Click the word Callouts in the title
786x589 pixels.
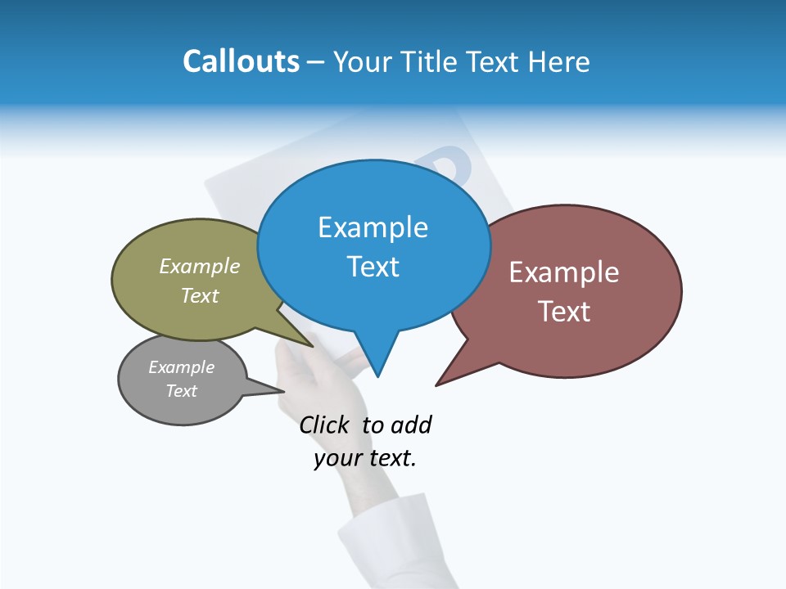pyautogui.click(x=241, y=61)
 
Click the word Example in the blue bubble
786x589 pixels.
pyautogui.click(x=373, y=227)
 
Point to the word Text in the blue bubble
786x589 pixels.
pyautogui.click(x=373, y=267)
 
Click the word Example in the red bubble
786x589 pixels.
pyautogui.click(x=564, y=272)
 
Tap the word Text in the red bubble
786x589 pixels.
pyautogui.click(x=564, y=312)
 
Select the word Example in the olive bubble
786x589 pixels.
pyautogui.click(x=200, y=266)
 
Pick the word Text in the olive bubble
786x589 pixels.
pyautogui.click(x=200, y=295)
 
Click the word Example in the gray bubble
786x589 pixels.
pyautogui.click(x=181, y=367)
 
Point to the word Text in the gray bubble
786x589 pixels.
pyautogui.click(x=181, y=391)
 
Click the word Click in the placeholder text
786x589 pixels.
pyautogui.click(x=323, y=425)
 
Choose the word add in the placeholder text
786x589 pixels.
pyautogui.click(x=411, y=425)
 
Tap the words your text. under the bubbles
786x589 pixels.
pyautogui.click(x=365, y=458)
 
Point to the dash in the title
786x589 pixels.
pyautogui.click(x=316, y=62)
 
